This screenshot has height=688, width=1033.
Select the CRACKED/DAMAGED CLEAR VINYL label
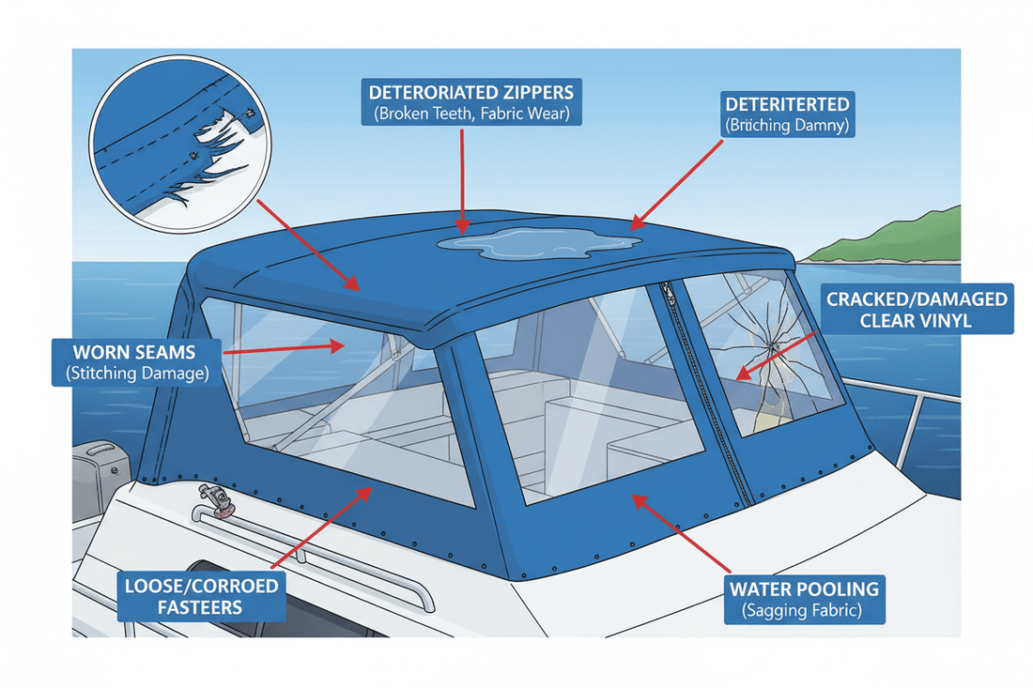(x=917, y=310)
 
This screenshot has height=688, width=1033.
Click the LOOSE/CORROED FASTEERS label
(x=202, y=596)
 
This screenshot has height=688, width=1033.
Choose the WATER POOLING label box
(x=804, y=600)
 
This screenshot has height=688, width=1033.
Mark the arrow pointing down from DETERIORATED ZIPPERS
(x=462, y=178)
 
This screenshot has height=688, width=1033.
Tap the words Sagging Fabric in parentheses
(x=804, y=612)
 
